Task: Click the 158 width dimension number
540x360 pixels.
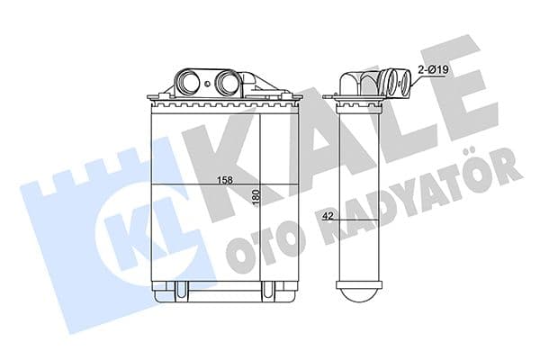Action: point(225,180)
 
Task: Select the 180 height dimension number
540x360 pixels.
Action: point(256,197)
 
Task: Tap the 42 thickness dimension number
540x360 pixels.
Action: point(328,216)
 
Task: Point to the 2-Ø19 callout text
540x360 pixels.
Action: point(433,70)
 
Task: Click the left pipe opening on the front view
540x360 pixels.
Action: point(188,81)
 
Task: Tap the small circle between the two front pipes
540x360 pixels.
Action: point(207,84)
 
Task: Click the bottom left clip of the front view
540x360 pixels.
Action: point(180,289)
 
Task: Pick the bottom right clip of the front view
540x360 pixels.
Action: point(267,289)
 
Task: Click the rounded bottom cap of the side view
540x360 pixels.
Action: point(359,295)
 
